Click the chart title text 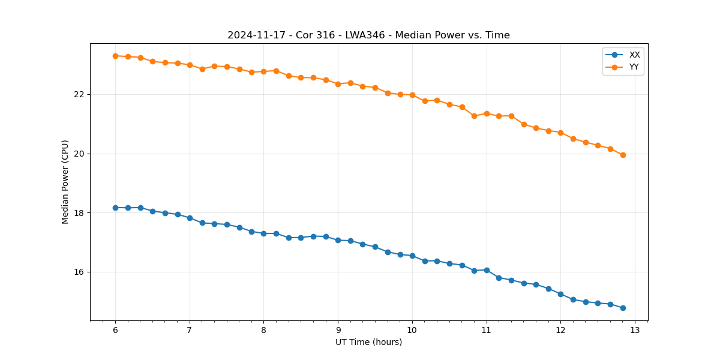tap(368, 35)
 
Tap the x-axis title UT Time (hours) tap(368, 342)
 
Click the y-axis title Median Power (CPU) tap(65, 182)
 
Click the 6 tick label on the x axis tap(115, 331)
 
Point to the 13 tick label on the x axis tap(635, 331)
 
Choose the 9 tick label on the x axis tap(338, 331)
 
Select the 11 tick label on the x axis tap(486, 331)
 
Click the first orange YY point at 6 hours tap(115, 56)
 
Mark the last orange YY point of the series tap(623, 155)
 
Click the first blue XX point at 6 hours tap(115, 208)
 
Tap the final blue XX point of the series tap(623, 308)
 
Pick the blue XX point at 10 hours tap(412, 256)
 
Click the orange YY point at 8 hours tap(263, 71)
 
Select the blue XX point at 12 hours tap(560, 294)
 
